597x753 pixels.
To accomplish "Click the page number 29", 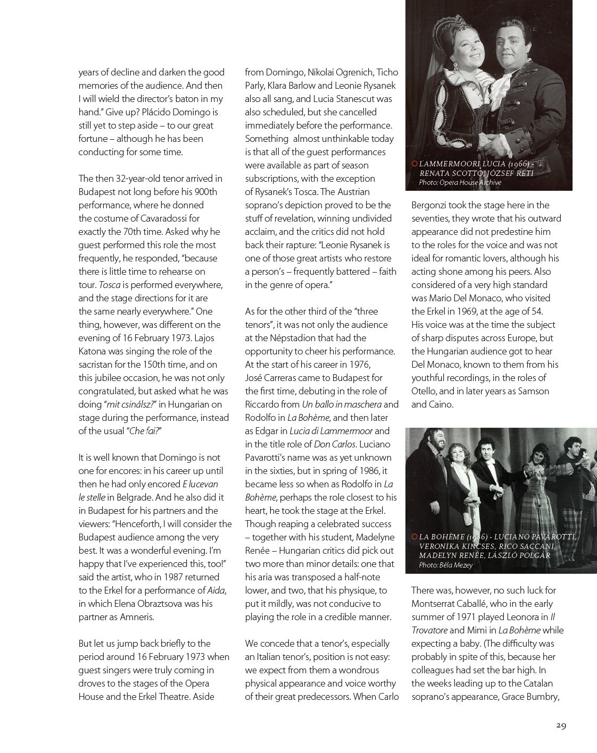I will tap(560, 726).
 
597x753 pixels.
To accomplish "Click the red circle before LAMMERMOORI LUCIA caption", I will tap(414, 164).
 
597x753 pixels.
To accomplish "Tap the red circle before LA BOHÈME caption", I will tap(414, 537).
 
